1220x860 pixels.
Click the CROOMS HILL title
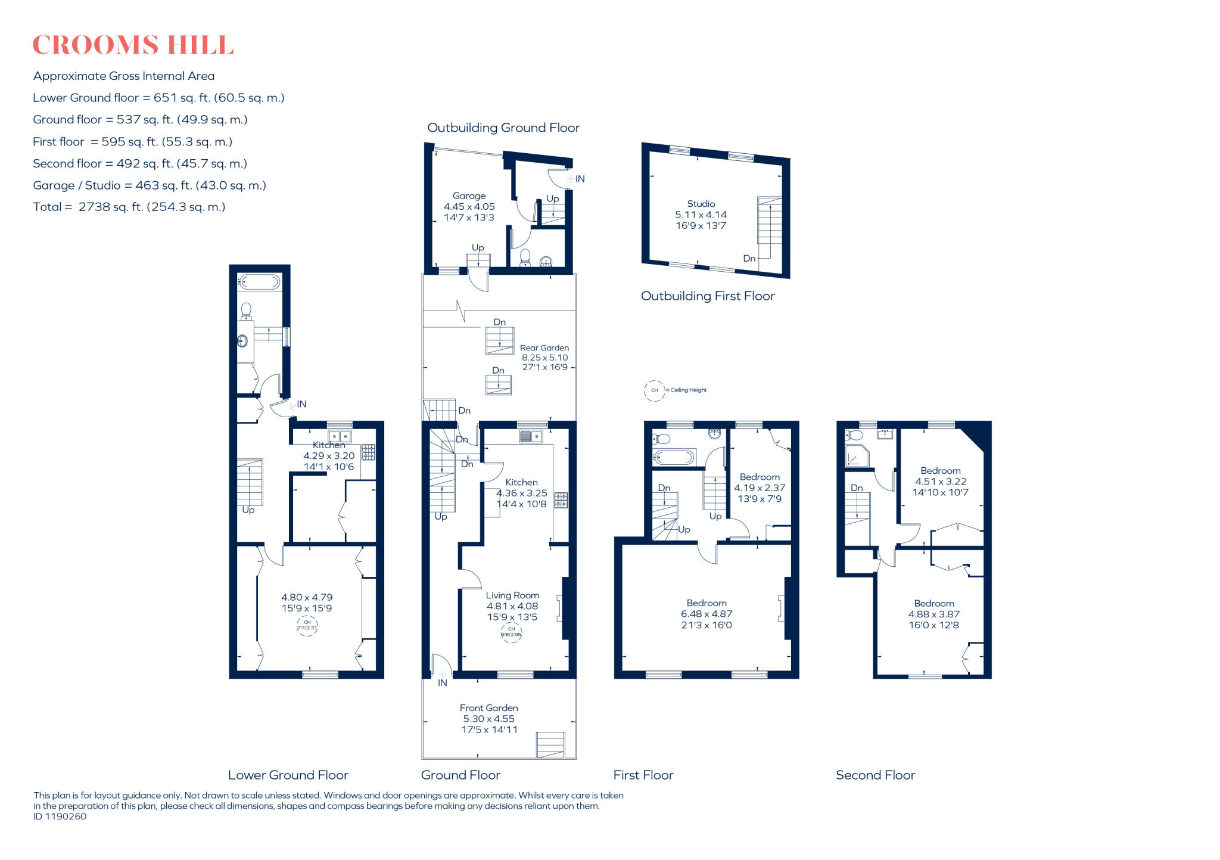point(132,45)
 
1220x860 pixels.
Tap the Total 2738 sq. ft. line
point(129,207)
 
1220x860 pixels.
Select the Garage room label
point(469,195)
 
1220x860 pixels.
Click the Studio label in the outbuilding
point(701,204)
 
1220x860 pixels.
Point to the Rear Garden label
point(544,347)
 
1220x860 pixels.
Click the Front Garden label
point(488,707)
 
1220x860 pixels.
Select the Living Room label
point(512,595)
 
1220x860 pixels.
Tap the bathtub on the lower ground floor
point(259,282)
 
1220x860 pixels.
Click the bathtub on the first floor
point(674,458)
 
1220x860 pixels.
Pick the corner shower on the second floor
point(857,456)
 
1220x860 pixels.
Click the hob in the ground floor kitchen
point(561,500)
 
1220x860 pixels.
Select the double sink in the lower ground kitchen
point(340,436)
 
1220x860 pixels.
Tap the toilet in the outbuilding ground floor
point(525,257)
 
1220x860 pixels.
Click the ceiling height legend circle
point(654,390)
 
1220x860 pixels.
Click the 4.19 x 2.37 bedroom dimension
point(759,488)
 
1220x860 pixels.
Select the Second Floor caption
point(874,775)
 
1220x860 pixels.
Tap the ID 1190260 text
point(60,816)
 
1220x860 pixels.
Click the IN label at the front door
point(442,683)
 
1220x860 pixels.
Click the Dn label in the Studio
point(749,259)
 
